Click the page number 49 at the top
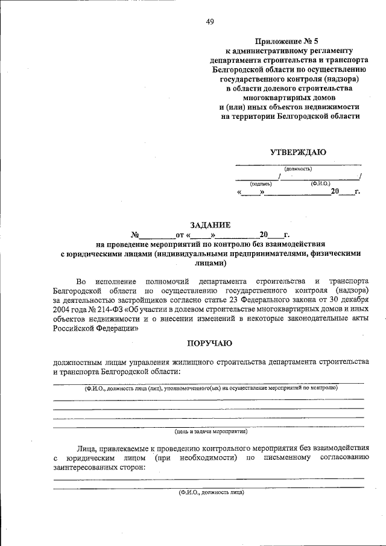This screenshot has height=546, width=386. [x=210, y=22]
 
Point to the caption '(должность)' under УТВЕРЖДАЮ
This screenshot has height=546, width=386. [x=298, y=169]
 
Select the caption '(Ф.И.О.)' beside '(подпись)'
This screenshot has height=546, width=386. [x=320, y=183]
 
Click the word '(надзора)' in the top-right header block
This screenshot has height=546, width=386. [x=334, y=79]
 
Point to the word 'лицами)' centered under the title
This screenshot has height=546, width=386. [x=210, y=263]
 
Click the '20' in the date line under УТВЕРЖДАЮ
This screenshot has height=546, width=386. [x=335, y=192]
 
